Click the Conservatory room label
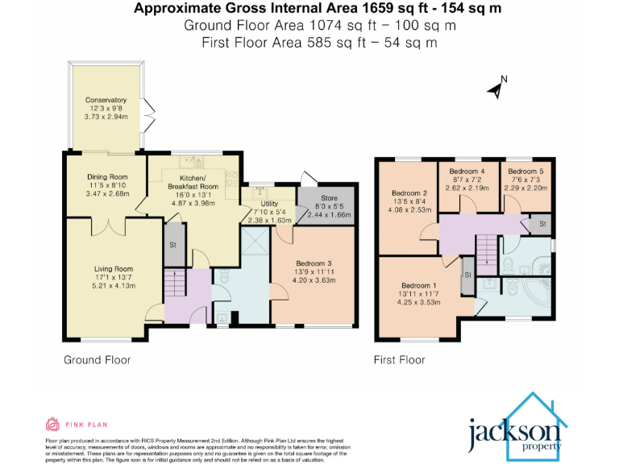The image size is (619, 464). tap(107, 100)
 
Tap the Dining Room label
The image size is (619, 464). tap(107, 177)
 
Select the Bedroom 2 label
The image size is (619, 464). tap(409, 193)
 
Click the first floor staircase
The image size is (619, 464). tap(487, 251)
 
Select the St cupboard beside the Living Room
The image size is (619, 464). tap(173, 246)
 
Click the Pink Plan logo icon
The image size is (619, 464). tap(53, 424)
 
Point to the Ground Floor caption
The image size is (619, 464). tap(97, 360)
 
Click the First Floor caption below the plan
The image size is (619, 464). tap(399, 360)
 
